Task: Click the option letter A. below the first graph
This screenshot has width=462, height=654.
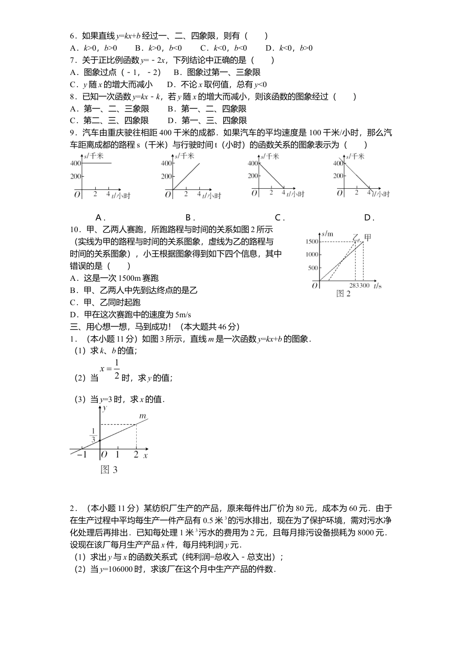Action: [x=100, y=218]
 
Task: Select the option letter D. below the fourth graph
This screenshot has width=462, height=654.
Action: [x=369, y=218]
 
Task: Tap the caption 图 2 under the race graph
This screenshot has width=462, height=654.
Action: [x=343, y=293]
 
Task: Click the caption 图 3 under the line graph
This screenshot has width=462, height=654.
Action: [x=109, y=470]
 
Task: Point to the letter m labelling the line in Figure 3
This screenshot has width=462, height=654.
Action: [x=142, y=416]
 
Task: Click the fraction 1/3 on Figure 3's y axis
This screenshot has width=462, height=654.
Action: [x=93, y=436]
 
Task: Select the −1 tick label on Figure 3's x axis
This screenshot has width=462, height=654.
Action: [x=82, y=455]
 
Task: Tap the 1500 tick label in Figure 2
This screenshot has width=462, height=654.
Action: [x=312, y=242]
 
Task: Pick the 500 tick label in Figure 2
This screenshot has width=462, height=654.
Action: [x=313, y=268]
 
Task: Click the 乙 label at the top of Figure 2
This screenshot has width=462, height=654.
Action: [x=356, y=237]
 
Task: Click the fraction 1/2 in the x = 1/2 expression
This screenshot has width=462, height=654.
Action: [x=117, y=369]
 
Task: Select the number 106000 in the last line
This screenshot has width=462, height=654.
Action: [x=117, y=569]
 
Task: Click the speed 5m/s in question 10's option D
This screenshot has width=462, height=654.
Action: [x=182, y=314]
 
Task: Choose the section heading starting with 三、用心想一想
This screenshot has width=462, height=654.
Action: [x=155, y=327]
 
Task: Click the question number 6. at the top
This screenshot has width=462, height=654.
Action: [x=74, y=36]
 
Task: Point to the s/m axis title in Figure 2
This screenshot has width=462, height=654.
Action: [x=327, y=234]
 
